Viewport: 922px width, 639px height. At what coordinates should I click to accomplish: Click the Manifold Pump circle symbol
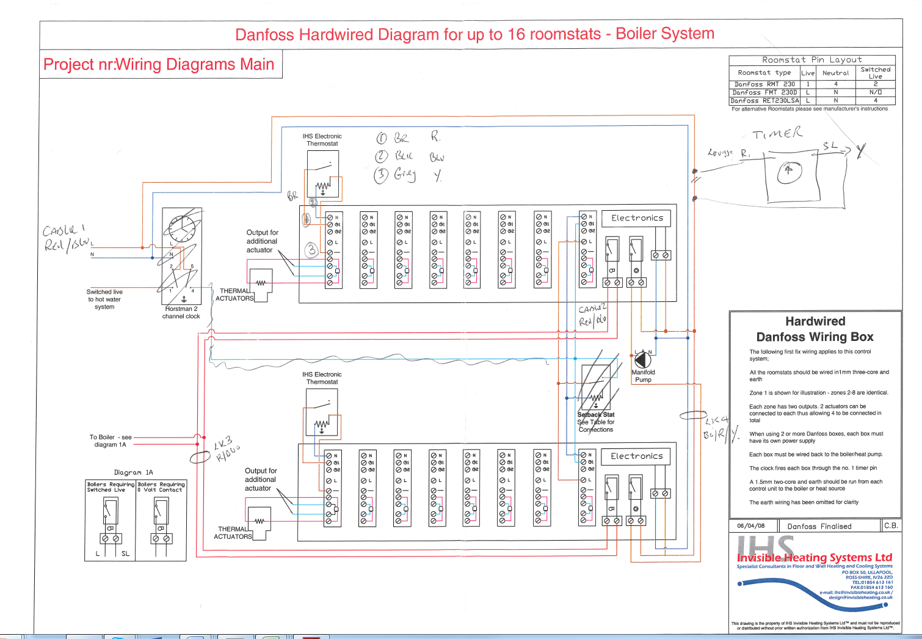(x=642, y=360)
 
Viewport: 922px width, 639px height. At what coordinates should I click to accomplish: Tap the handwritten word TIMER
(x=777, y=134)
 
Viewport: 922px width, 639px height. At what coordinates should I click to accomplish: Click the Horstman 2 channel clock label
(x=181, y=313)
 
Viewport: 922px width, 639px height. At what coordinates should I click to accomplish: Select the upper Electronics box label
(x=637, y=218)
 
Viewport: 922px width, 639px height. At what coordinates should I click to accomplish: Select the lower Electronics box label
(x=636, y=456)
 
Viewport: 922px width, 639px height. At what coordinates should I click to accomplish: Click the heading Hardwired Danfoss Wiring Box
(x=815, y=329)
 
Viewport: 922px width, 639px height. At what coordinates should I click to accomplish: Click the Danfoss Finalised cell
(x=819, y=526)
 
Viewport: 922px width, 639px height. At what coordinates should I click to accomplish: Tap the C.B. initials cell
(x=891, y=525)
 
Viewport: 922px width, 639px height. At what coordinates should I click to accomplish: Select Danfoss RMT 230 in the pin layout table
(x=764, y=84)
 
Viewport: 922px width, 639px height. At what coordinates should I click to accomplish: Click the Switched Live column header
(x=876, y=73)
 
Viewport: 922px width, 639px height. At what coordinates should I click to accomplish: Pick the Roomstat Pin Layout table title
(x=812, y=60)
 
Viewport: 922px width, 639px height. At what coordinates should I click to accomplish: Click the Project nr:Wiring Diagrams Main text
(x=159, y=65)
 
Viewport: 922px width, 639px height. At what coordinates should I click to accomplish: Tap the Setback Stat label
(x=596, y=415)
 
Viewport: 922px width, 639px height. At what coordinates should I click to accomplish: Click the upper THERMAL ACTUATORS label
(x=234, y=294)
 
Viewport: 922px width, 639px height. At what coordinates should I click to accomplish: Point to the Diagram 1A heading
(x=133, y=472)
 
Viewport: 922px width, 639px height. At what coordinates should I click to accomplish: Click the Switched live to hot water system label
(x=104, y=299)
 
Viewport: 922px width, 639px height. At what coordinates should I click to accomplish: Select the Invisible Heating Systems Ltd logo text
(x=815, y=557)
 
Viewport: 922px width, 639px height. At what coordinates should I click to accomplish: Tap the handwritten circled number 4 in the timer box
(x=789, y=173)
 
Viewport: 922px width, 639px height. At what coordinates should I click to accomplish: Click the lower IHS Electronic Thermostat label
(x=322, y=378)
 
